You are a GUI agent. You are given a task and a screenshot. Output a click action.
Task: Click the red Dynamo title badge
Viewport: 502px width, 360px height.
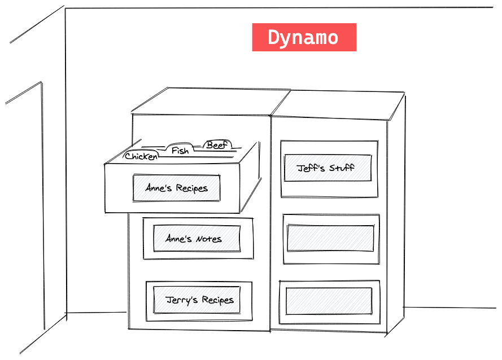click(304, 37)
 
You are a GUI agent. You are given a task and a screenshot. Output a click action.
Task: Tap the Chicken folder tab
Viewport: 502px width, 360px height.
click(141, 156)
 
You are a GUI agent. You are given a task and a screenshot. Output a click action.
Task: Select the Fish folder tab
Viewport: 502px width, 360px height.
click(180, 151)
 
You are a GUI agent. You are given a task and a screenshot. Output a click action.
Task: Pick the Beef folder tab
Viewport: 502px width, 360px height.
click(217, 146)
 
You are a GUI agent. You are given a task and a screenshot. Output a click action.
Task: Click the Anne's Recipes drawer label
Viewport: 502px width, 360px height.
click(176, 188)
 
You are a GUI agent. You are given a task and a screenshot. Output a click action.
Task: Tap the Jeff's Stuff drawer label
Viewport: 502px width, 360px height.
click(328, 168)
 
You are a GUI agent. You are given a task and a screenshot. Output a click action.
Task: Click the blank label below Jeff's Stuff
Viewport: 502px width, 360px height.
click(330, 238)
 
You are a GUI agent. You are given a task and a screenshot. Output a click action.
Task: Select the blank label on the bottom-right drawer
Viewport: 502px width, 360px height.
click(329, 301)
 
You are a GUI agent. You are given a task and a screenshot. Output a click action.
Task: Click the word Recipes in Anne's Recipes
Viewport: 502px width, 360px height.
click(191, 188)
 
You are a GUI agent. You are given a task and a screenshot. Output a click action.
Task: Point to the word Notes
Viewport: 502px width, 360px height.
click(209, 239)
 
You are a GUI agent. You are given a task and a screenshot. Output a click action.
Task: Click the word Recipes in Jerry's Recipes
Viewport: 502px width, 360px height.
click(217, 300)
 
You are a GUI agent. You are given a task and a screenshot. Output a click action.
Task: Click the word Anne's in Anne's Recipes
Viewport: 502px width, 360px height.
click(159, 188)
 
